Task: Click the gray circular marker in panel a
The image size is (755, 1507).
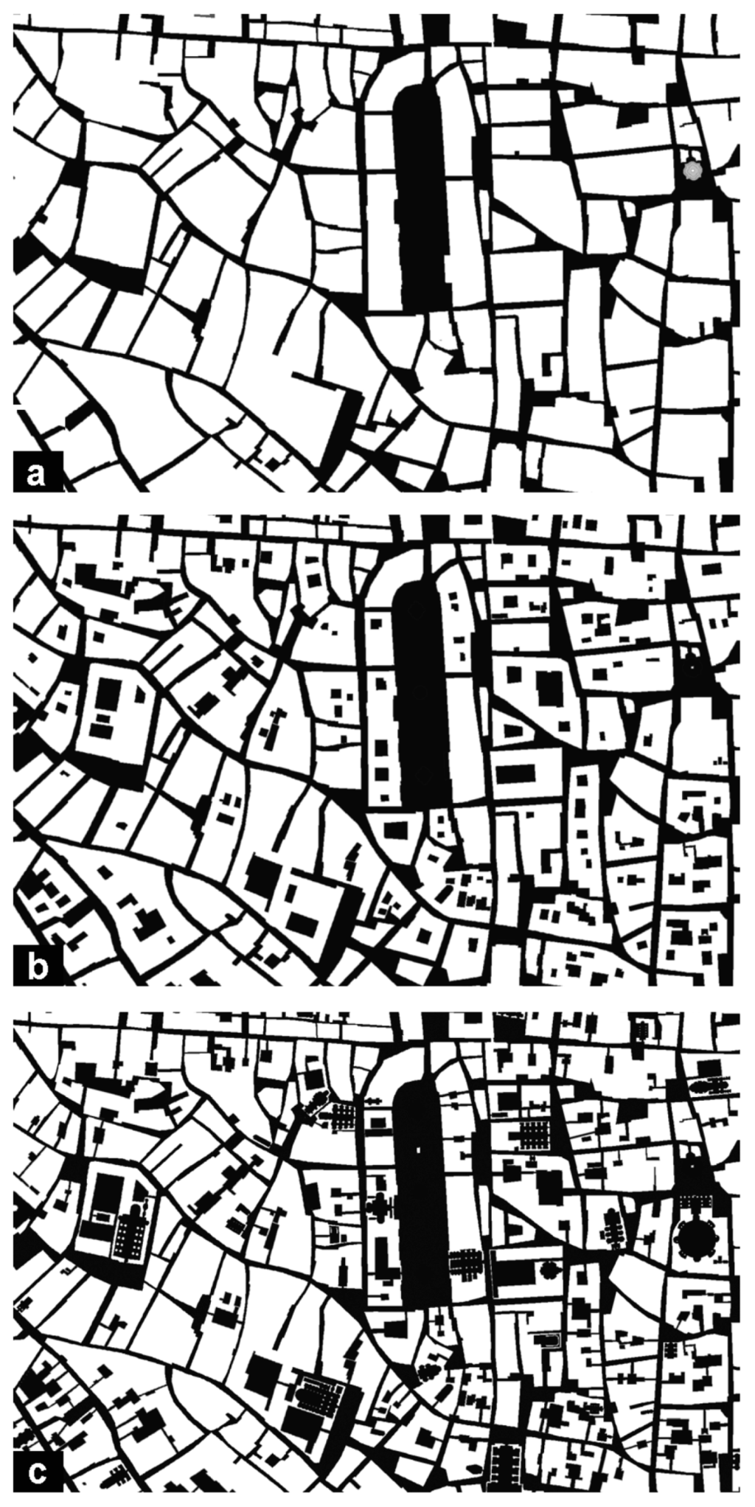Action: [x=692, y=170]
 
